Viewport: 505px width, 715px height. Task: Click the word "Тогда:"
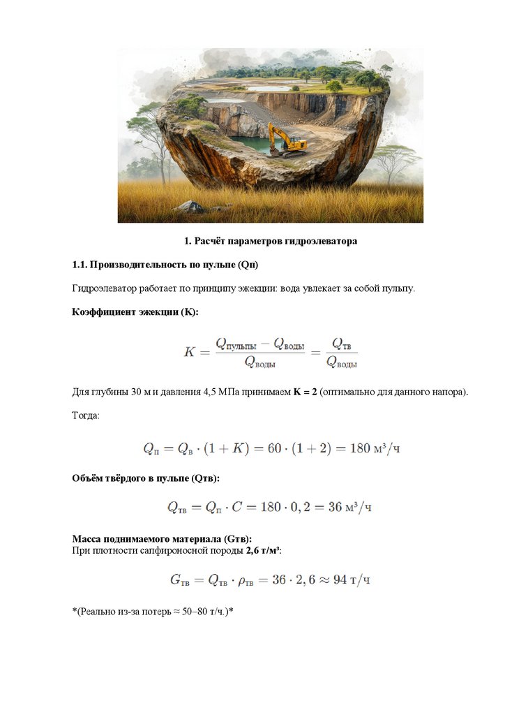click(x=86, y=415)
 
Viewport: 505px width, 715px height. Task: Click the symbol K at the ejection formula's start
click(x=189, y=352)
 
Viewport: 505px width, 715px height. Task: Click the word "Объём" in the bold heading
click(x=89, y=478)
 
